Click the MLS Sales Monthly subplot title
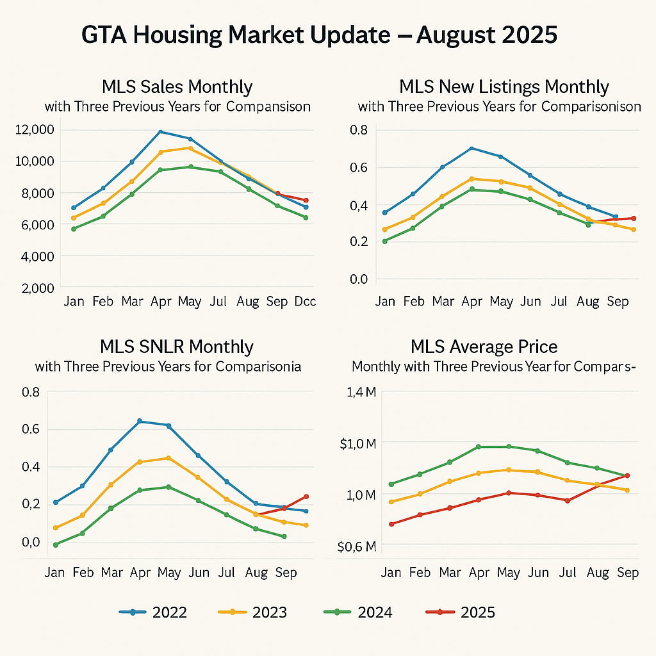(x=177, y=87)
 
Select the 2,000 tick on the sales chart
(x=37, y=288)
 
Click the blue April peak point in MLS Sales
(x=160, y=132)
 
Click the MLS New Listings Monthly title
(x=504, y=87)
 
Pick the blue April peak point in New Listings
(x=471, y=149)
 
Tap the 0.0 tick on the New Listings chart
(x=359, y=279)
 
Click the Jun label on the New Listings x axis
(x=530, y=301)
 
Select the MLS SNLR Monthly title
(x=177, y=347)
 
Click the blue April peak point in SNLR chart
(x=140, y=421)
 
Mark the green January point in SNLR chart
(x=56, y=545)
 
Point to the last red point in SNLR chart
(x=306, y=496)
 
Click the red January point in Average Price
(x=391, y=524)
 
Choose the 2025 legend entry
(x=461, y=613)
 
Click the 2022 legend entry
(x=153, y=613)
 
